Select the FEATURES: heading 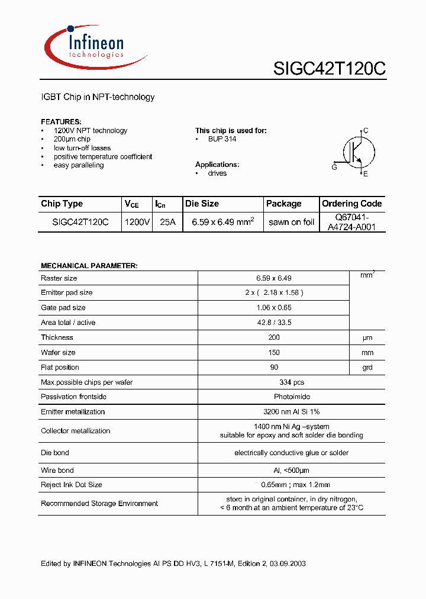pyautogui.click(x=61, y=121)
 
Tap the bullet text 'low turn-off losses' pyautogui.click(x=82, y=148)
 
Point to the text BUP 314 pyautogui.click(x=222, y=139)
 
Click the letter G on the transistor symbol pyautogui.click(x=334, y=168)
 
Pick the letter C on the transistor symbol pyautogui.click(x=366, y=131)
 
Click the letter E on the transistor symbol pyautogui.click(x=366, y=174)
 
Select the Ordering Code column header pyautogui.click(x=352, y=204)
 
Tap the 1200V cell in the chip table pyautogui.click(x=137, y=222)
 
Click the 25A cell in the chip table pyautogui.click(x=168, y=222)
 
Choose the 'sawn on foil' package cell pyautogui.click(x=291, y=222)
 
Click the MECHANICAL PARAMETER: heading pyautogui.click(x=89, y=266)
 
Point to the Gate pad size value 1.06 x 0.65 pyautogui.click(x=273, y=308)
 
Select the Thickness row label pyautogui.click(x=57, y=337)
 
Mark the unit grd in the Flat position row pyautogui.click(x=367, y=368)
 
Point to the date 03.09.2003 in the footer pyautogui.click(x=287, y=563)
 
